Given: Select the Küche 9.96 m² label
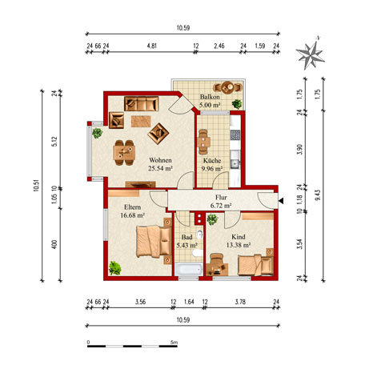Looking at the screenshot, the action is click(x=212, y=165).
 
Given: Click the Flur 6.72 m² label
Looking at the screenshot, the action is click(x=221, y=202).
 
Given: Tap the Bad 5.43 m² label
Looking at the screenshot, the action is click(x=186, y=241).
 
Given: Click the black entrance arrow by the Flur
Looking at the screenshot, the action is click(x=281, y=201).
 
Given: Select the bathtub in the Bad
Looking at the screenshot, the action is click(x=189, y=269).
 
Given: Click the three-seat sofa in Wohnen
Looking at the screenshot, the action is click(x=142, y=103).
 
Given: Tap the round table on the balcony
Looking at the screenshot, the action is click(x=228, y=86).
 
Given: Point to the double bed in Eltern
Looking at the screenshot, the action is click(x=154, y=241).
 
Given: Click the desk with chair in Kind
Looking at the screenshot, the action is click(x=217, y=265).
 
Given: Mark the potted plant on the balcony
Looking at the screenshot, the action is click(x=237, y=104).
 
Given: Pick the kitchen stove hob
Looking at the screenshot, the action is click(x=235, y=134).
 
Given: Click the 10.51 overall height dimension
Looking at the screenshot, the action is click(x=37, y=186).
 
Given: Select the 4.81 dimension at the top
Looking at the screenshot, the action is click(x=151, y=46).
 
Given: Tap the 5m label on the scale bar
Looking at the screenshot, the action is click(x=174, y=342).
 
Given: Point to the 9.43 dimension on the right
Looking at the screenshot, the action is click(x=318, y=195).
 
